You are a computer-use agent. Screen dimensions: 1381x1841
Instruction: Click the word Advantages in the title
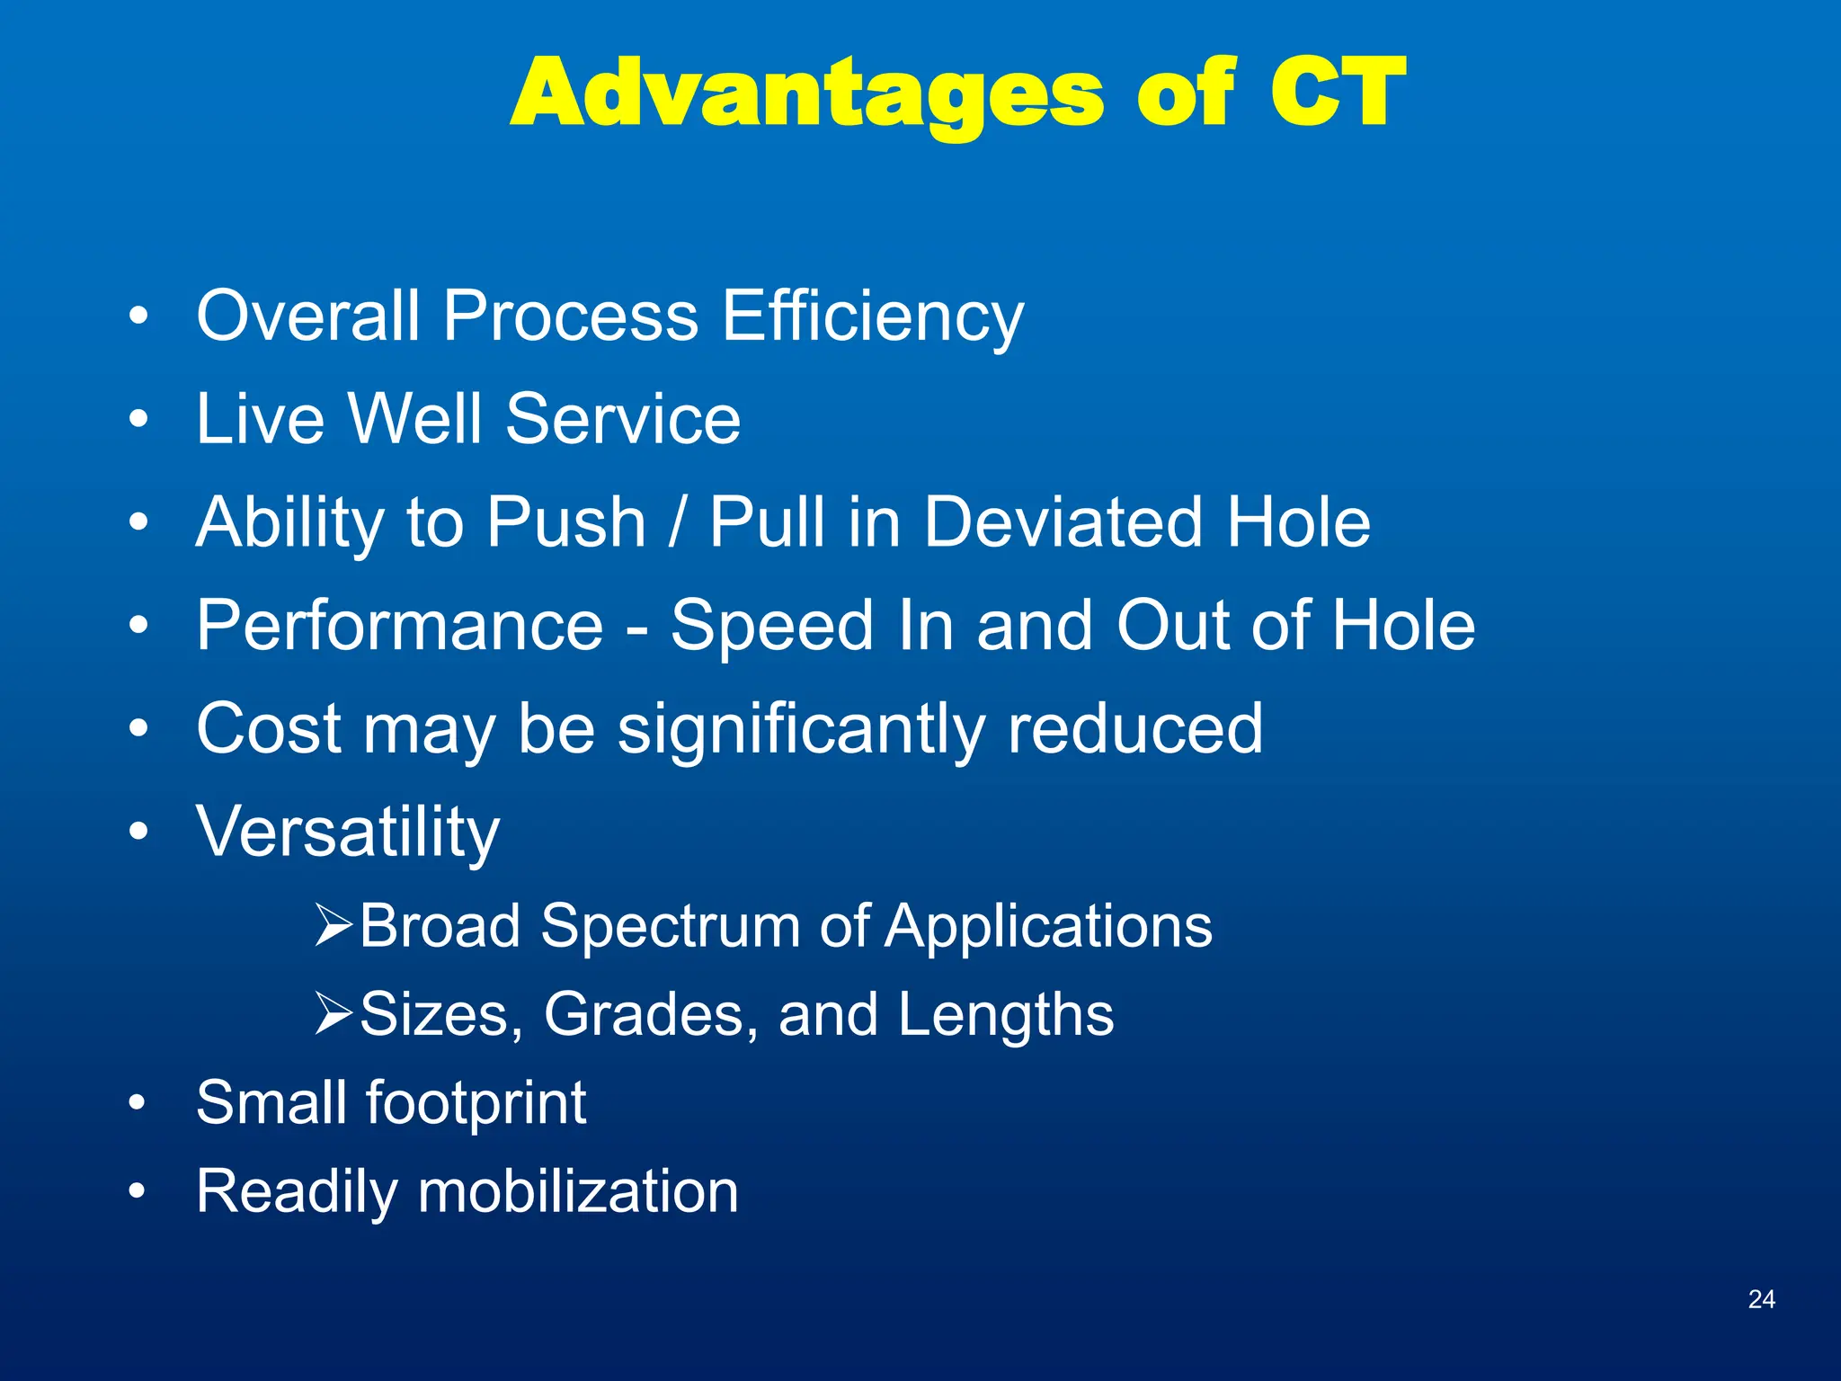(x=806, y=94)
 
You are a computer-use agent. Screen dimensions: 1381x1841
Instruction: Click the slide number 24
(x=1761, y=1298)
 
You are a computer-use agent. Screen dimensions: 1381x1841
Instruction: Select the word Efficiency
(x=872, y=317)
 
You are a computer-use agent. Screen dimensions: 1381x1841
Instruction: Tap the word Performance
(x=400, y=626)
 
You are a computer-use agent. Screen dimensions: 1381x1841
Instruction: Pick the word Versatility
(x=348, y=833)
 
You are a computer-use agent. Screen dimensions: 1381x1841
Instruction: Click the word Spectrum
(x=670, y=926)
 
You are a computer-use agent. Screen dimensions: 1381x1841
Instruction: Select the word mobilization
(x=578, y=1191)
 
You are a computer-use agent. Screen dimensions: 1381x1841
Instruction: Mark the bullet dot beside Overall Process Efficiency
(x=138, y=316)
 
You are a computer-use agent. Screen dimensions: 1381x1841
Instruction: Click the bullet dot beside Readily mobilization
(x=137, y=1191)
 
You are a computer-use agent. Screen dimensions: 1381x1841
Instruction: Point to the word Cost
(x=268, y=728)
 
